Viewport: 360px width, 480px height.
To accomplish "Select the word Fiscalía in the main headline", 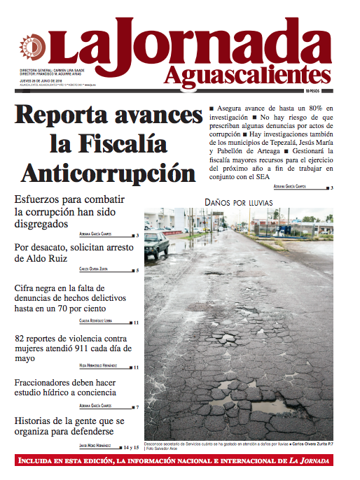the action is (x=109, y=143).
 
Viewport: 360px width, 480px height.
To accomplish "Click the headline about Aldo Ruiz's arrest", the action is (x=67, y=253).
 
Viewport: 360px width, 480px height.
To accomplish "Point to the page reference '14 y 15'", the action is (x=132, y=446).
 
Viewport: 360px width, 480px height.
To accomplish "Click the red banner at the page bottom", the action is (x=180, y=461).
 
